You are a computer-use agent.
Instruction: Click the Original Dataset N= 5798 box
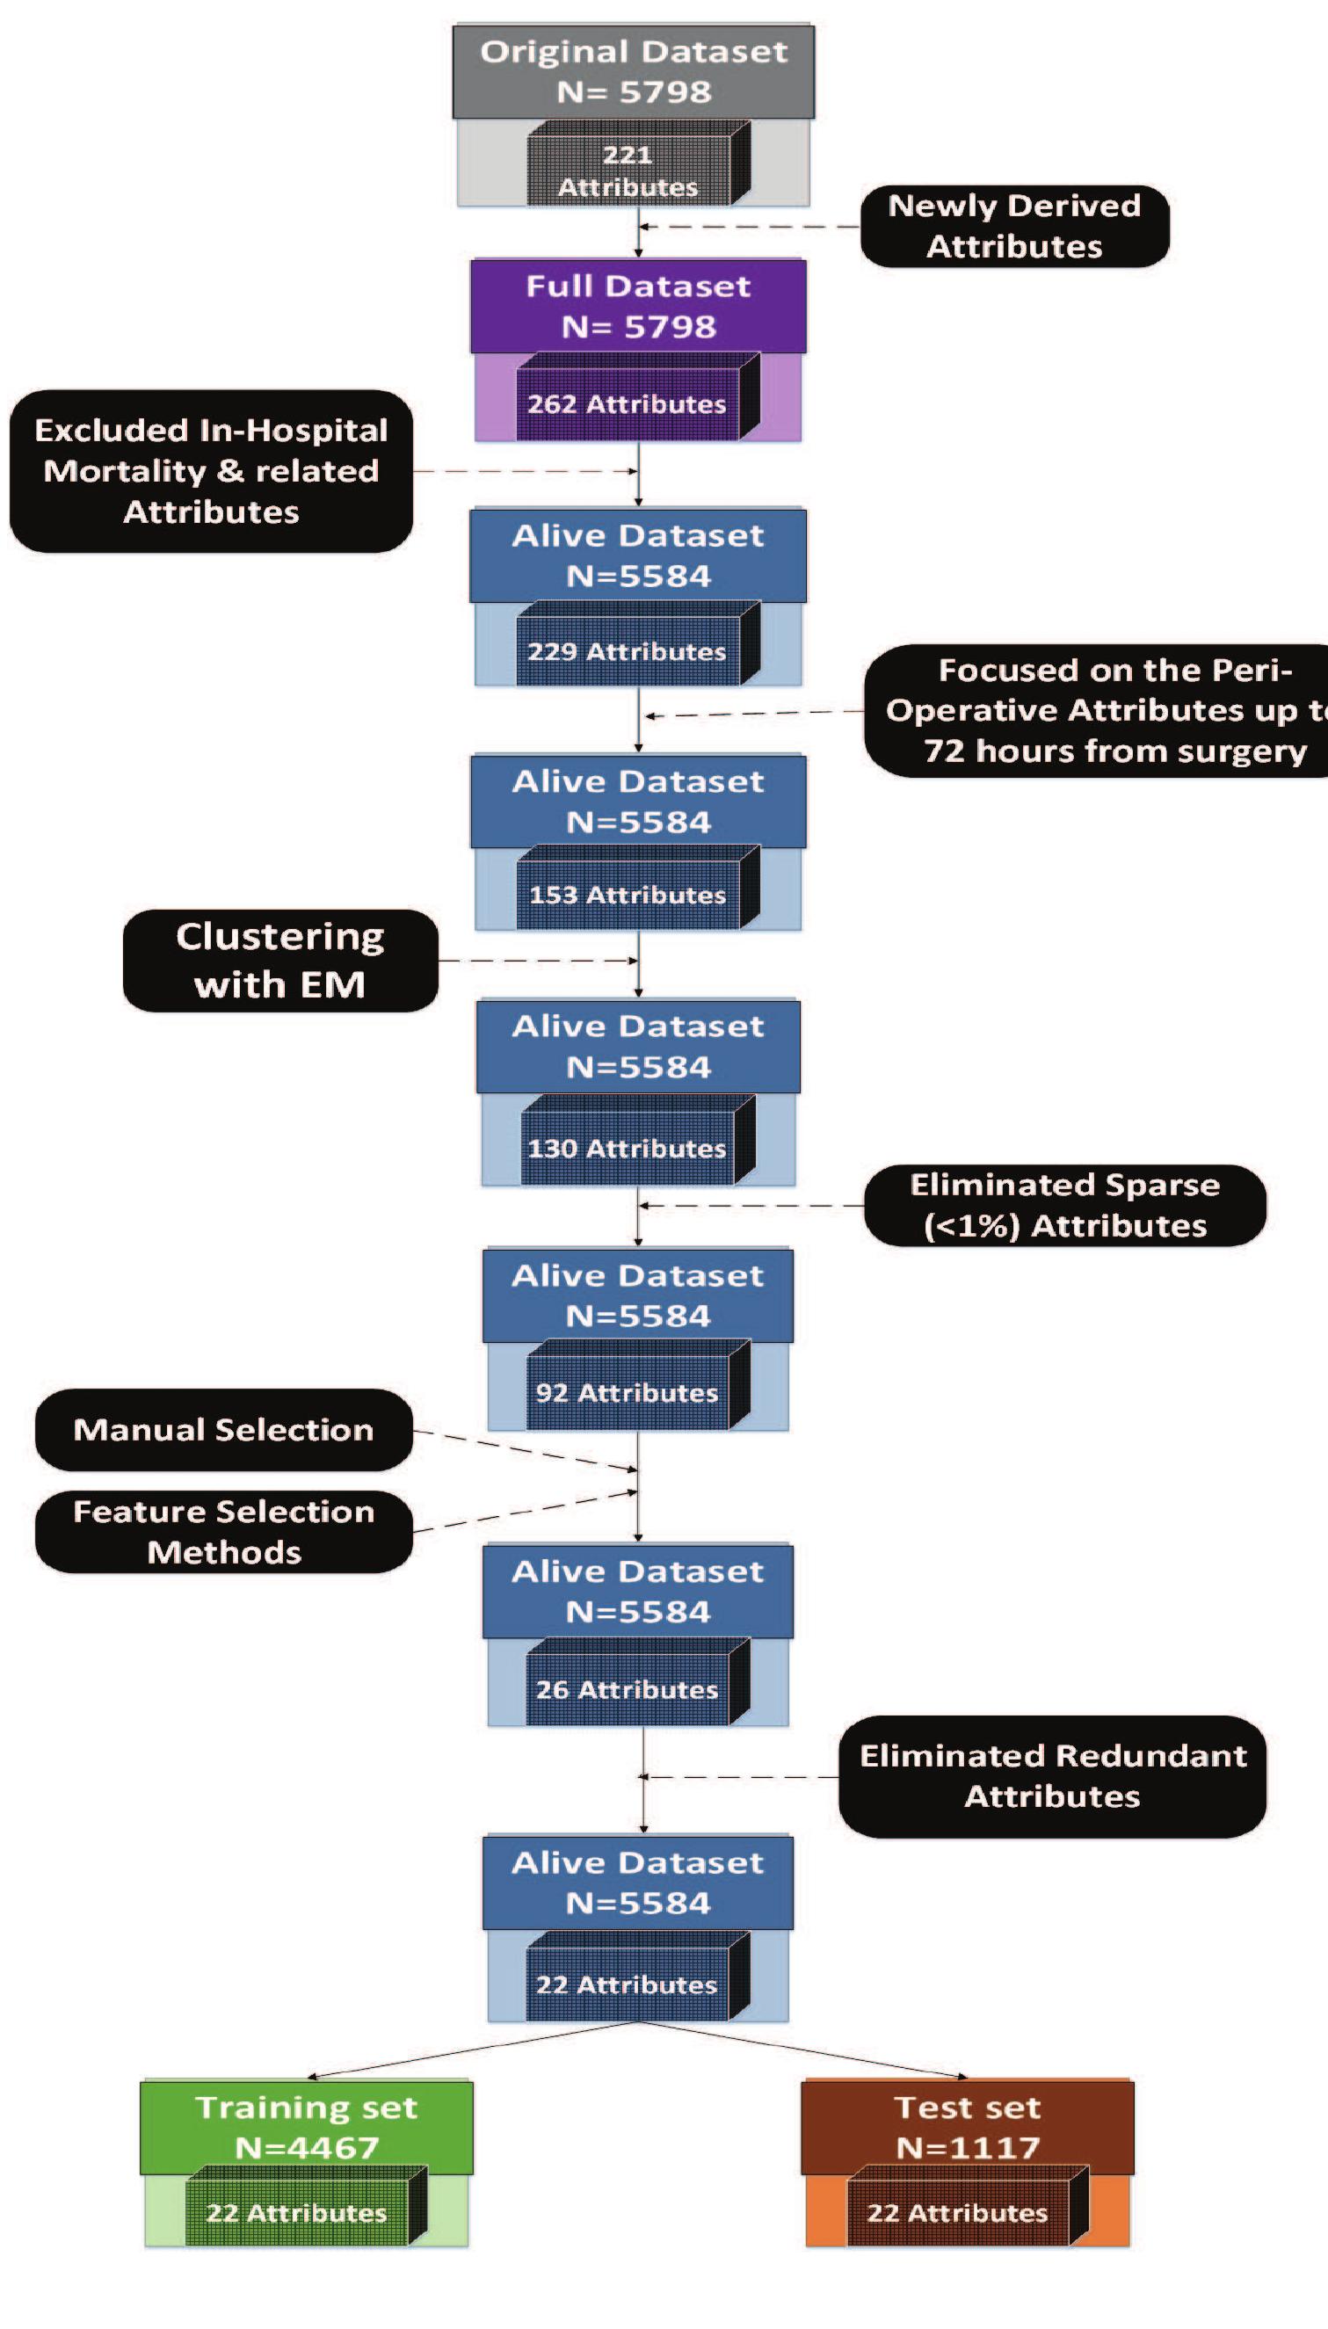coord(634,72)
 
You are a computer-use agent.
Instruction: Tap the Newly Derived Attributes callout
coord(1014,226)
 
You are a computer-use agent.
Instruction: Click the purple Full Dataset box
coord(638,307)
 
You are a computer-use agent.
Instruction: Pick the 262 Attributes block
coord(628,404)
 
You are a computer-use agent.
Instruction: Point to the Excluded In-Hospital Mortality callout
coord(211,470)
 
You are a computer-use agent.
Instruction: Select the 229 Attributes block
coord(628,651)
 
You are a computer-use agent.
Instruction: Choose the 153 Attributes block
coord(628,895)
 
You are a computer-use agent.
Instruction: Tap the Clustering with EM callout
coord(280,961)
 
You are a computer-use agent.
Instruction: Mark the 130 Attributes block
coord(628,1147)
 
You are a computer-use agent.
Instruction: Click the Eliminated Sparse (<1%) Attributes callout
coord(1064,1205)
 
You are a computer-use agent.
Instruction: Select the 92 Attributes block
coord(628,1392)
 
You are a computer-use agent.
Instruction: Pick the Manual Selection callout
coord(223,1429)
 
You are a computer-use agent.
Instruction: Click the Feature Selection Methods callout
coord(223,1531)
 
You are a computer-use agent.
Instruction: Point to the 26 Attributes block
coord(628,1689)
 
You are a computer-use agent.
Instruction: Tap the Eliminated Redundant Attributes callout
coord(1053,1775)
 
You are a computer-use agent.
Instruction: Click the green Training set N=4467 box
coord(307,2127)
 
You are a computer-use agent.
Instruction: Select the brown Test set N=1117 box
coord(967,2127)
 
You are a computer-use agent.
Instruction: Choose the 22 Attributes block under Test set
coord(958,2212)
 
